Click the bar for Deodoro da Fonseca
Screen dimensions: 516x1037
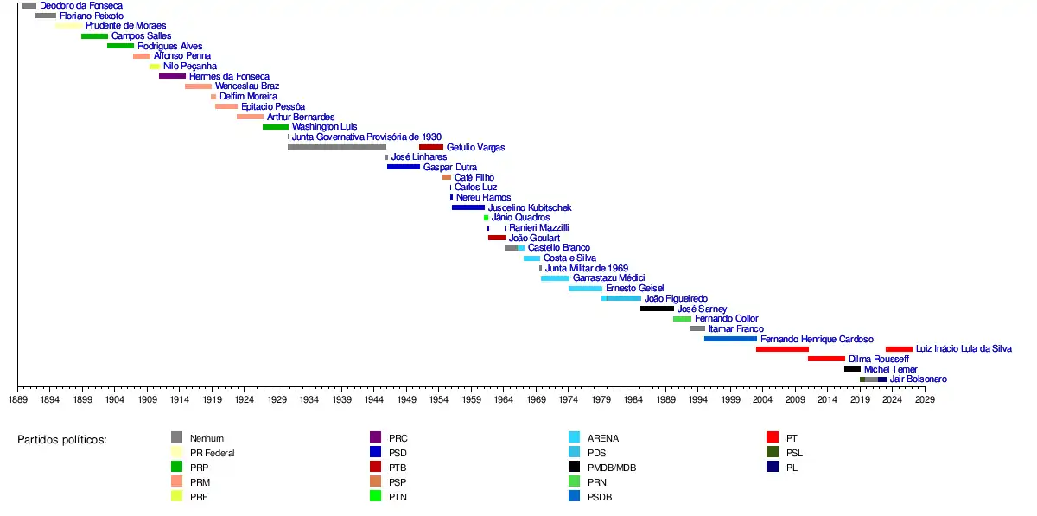coord(29,6)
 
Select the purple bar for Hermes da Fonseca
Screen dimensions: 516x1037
coord(172,76)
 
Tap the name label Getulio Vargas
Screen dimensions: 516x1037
coord(475,148)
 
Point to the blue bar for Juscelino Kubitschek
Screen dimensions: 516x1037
coord(468,207)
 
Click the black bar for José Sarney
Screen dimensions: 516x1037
coord(657,309)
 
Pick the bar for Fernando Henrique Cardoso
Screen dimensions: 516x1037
coord(730,339)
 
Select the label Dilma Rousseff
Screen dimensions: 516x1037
coord(878,359)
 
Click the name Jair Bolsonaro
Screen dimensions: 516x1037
coord(918,379)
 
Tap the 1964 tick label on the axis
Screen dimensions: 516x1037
coord(504,400)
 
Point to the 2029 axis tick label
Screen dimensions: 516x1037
coord(925,400)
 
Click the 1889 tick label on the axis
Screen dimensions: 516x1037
coord(17,400)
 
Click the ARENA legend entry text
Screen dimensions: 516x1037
coord(602,438)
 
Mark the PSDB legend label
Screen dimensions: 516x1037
coord(601,497)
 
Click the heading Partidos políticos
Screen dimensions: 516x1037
coord(61,440)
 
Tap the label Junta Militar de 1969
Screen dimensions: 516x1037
coord(586,269)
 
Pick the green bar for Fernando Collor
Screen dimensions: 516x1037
coord(682,319)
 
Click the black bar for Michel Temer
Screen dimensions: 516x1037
coord(852,369)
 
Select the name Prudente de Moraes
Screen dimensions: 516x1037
coord(125,26)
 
